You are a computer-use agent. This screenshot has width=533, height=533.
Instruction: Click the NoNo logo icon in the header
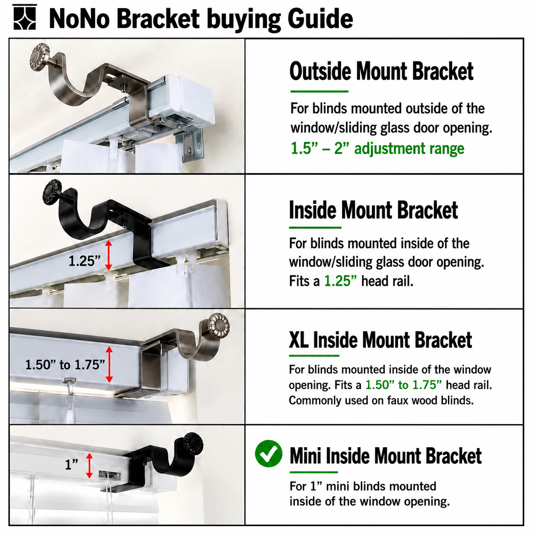(x=24, y=17)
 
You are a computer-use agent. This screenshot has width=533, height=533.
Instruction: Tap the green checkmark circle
(x=269, y=454)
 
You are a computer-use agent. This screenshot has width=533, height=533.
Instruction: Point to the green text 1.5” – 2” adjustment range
(x=377, y=148)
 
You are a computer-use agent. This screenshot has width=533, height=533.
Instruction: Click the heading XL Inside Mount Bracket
(x=380, y=340)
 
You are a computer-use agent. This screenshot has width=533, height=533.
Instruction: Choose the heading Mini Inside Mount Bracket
(x=386, y=456)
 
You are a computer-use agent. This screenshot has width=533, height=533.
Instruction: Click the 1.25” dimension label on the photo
(x=85, y=261)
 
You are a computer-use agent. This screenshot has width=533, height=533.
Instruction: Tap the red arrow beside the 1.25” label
(x=108, y=255)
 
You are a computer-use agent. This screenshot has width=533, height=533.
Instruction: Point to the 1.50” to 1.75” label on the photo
(x=65, y=365)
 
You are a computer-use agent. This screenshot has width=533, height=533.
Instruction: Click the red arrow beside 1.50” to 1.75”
(x=109, y=365)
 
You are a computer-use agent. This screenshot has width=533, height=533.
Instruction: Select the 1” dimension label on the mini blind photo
(x=71, y=465)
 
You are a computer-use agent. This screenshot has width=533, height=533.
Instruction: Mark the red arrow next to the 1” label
(x=89, y=465)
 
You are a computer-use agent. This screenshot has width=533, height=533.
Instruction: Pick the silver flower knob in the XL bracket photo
(x=218, y=324)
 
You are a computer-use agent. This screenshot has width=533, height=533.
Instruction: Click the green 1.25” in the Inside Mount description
(x=340, y=281)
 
